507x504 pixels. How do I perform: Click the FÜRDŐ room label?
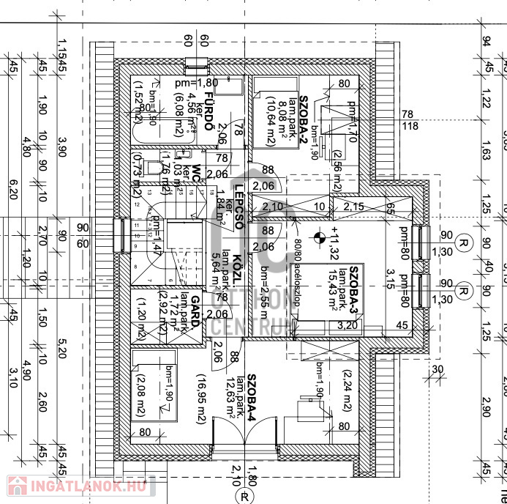209,111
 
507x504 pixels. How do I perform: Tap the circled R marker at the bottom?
244,496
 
